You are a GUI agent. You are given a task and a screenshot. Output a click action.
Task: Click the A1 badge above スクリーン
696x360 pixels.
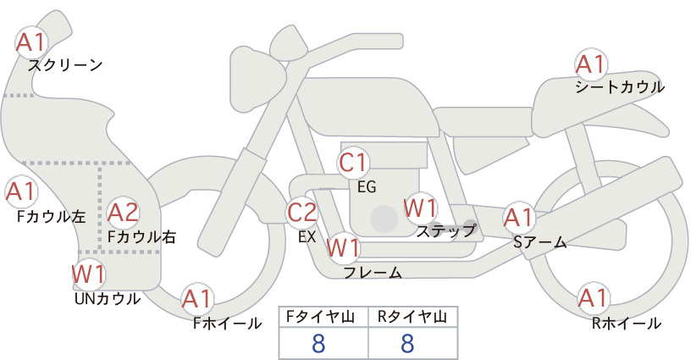click(x=31, y=42)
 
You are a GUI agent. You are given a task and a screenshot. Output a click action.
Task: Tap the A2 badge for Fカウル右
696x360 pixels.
click(x=123, y=213)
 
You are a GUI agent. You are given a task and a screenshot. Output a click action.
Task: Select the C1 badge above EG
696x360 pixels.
click(x=353, y=163)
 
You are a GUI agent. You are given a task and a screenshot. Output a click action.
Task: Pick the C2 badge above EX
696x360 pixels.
click(x=302, y=212)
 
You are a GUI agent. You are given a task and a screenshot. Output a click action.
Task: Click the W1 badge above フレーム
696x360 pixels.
click(x=343, y=247)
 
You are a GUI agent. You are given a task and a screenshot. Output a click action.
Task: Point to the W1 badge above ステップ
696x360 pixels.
click(x=421, y=208)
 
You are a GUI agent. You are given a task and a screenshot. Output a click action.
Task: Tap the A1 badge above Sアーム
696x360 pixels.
click(x=518, y=218)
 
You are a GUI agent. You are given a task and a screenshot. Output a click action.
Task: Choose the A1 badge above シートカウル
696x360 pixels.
click(x=591, y=65)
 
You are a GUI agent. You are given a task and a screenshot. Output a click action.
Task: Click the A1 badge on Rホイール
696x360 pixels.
click(x=593, y=298)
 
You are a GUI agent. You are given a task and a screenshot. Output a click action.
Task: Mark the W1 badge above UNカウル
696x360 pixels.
click(x=89, y=274)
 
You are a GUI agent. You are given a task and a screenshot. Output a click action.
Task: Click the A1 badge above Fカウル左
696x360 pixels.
click(x=21, y=191)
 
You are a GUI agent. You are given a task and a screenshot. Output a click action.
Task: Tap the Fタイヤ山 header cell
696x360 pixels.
click(x=323, y=317)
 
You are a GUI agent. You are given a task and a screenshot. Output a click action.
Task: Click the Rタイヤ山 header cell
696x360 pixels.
click(x=413, y=317)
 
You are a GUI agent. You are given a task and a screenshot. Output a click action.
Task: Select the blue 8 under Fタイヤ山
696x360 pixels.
click(x=318, y=343)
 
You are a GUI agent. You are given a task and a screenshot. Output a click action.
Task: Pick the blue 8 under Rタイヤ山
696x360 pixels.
click(x=407, y=343)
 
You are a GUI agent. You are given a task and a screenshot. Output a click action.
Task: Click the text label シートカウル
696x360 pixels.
click(x=620, y=87)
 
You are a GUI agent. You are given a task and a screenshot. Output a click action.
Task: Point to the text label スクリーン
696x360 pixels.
click(x=65, y=65)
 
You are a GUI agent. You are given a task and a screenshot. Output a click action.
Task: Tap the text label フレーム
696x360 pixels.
click(x=373, y=272)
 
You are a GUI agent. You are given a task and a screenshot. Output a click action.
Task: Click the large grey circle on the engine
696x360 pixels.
click(x=384, y=219)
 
